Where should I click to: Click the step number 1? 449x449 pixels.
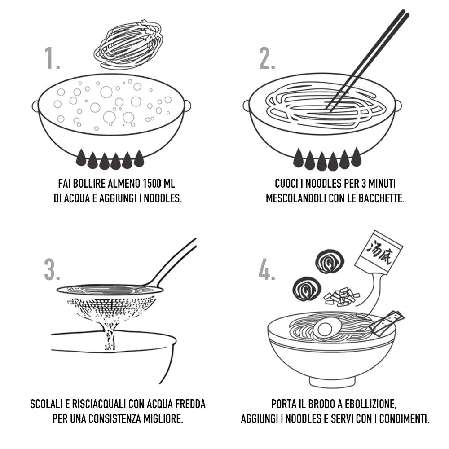(52, 58)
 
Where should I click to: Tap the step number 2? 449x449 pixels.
(267, 58)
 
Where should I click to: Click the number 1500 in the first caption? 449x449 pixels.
(152, 183)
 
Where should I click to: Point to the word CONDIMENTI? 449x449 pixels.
(404, 418)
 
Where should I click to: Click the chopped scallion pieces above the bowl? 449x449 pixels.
(341, 295)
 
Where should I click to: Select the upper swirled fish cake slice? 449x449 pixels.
(330, 261)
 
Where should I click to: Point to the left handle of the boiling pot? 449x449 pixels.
(35, 106)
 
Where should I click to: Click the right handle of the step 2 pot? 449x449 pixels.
(397, 106)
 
